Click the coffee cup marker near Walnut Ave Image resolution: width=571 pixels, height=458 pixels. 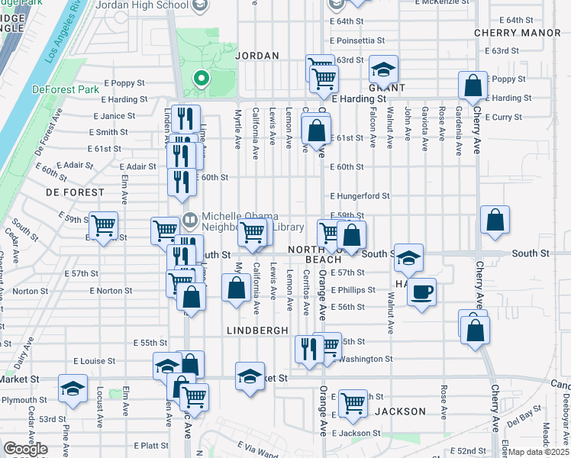click(421, 290)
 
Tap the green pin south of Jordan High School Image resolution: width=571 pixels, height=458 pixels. click(201, 79)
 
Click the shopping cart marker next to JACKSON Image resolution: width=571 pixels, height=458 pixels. click(353, 403)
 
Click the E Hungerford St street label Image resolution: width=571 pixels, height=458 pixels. click(360, 196)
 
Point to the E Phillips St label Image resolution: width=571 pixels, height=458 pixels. click(353, 290)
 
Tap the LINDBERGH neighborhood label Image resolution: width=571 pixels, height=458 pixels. click(257, 330)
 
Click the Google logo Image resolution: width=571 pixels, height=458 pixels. click(25, 449)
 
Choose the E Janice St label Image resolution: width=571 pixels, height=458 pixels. click(115, 116)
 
